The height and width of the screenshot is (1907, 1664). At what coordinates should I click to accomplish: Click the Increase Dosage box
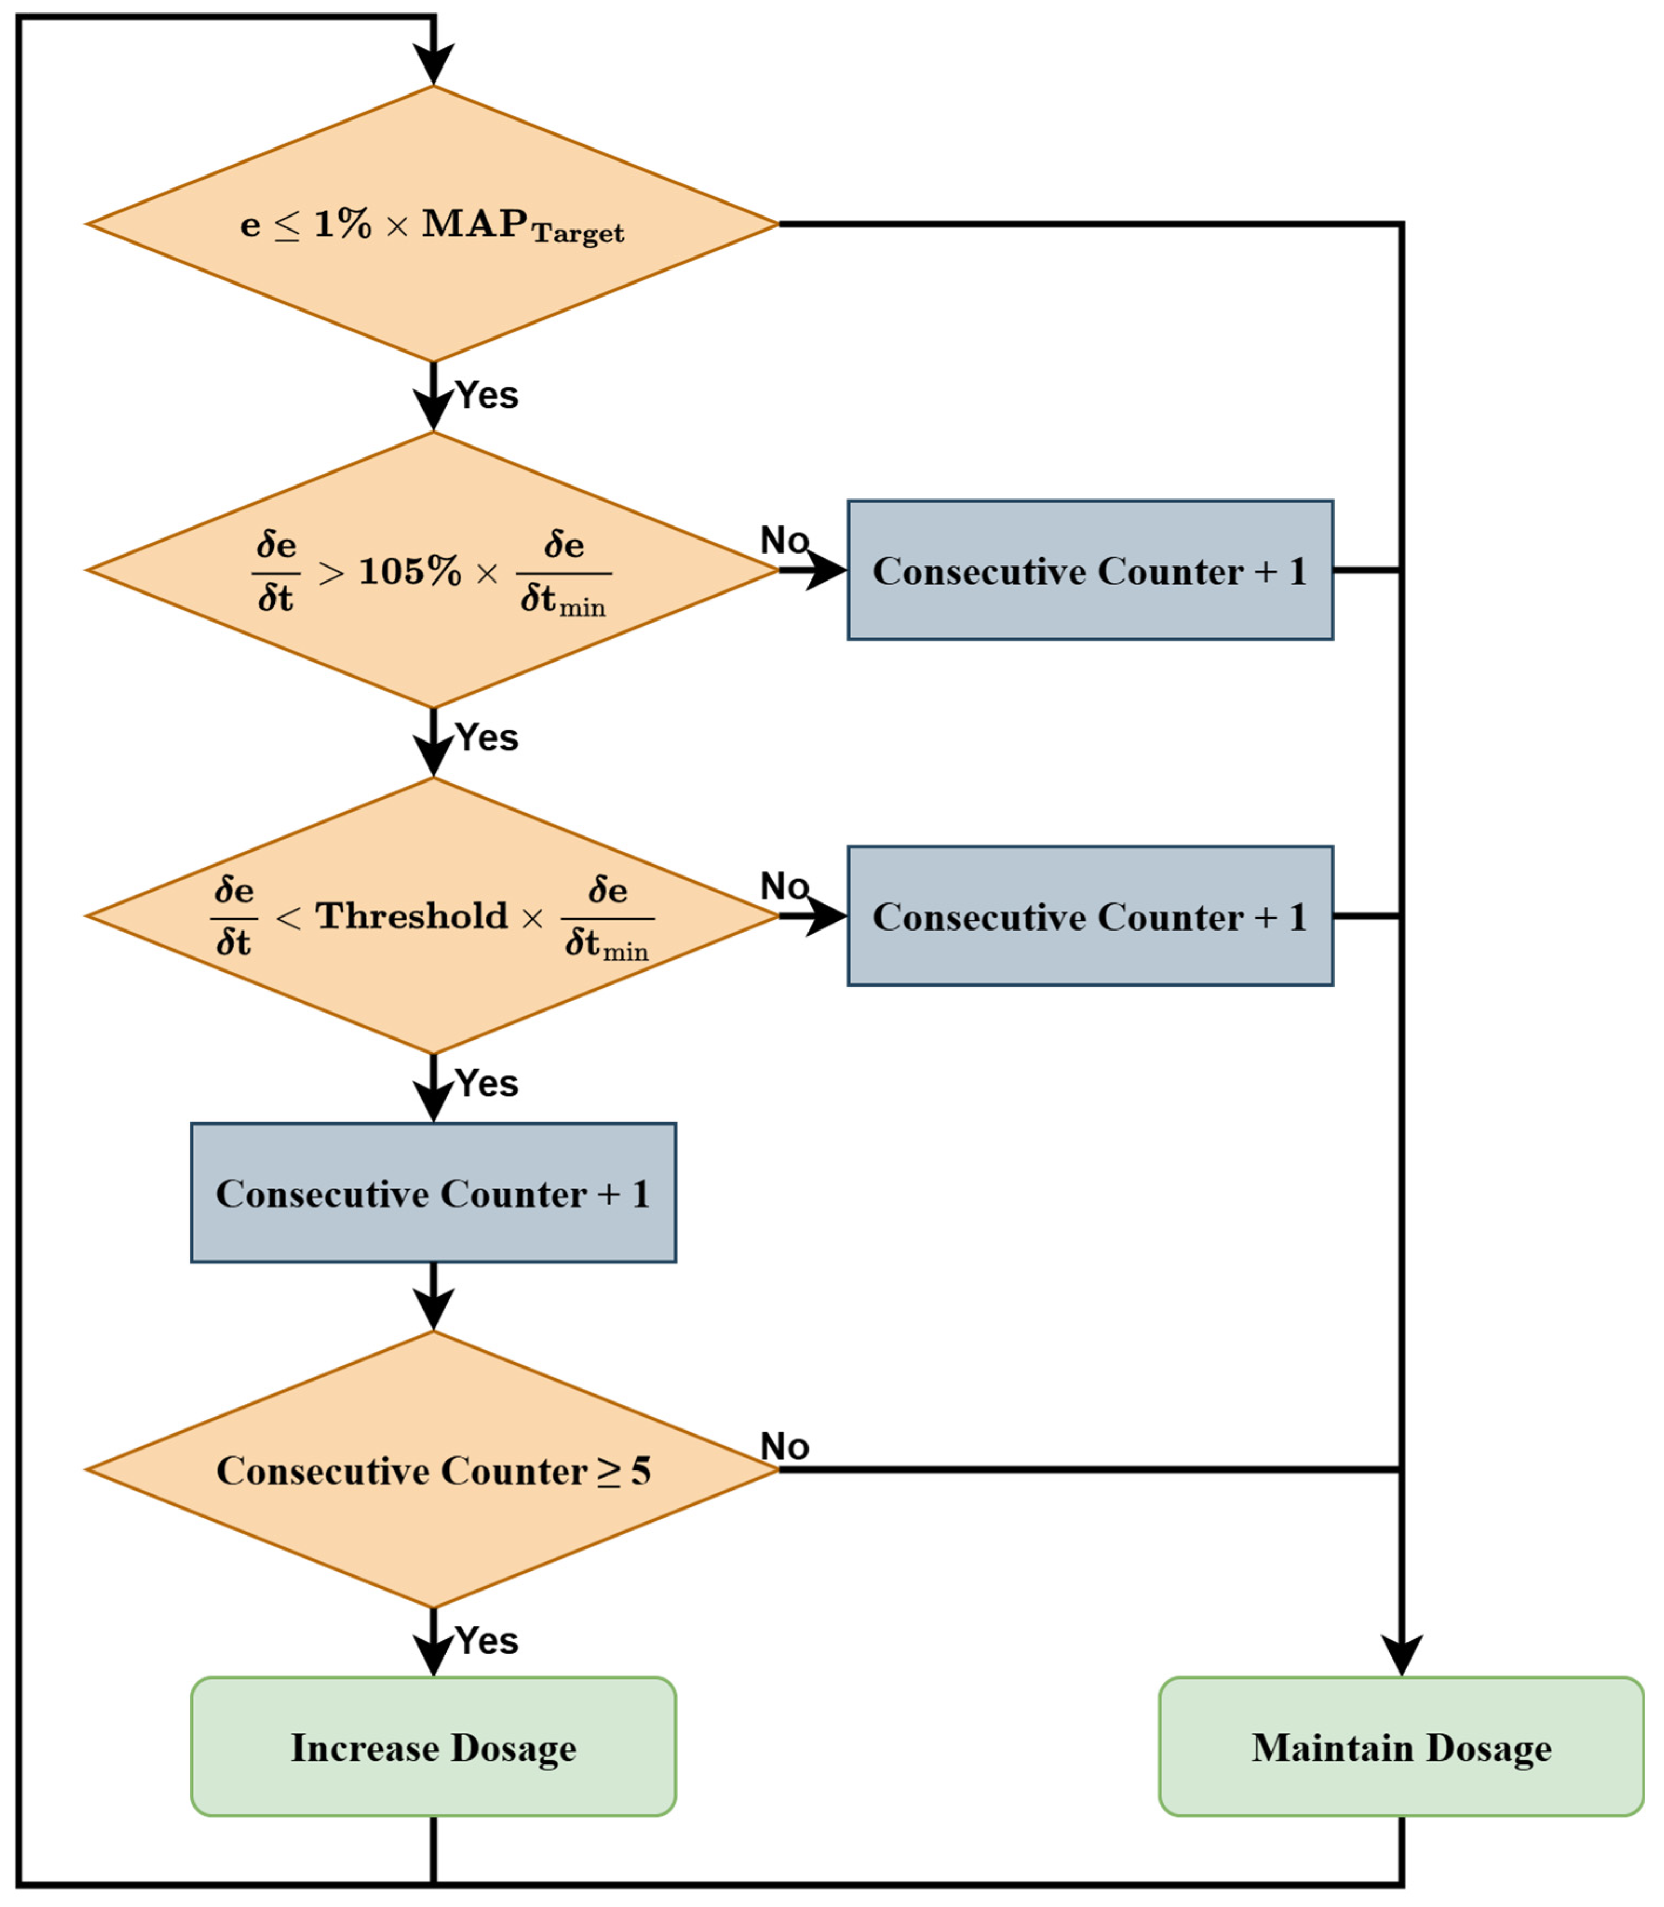[x=433, y=1747]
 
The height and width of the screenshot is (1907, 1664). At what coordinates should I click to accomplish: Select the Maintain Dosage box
[x=1400, y=1747]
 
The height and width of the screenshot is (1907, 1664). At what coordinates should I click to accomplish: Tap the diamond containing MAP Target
[x=433, y=224]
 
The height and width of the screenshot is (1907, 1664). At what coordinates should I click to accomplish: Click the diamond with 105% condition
[x=433, y=571]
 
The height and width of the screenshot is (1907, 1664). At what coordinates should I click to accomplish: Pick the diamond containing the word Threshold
[x=433, y=917]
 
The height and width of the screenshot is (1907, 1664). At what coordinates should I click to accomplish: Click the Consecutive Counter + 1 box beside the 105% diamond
[x=1089, y=570]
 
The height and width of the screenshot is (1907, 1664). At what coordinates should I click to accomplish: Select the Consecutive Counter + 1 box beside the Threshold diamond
[x=1089, y=917]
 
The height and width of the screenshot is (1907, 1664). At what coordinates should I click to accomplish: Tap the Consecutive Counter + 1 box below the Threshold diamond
[x=433, y=1193]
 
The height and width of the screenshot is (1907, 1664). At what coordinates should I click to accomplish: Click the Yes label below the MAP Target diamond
[x=487, y=395]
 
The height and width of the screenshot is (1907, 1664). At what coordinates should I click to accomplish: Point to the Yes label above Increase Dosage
[x=487, y=1641]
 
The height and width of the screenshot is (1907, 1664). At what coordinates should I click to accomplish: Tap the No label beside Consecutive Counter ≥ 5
[x=785, y=1446]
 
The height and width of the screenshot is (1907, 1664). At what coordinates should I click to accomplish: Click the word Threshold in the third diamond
[x=412, y=917]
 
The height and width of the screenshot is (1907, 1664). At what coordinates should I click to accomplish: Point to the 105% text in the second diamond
[x=409, y=571]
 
